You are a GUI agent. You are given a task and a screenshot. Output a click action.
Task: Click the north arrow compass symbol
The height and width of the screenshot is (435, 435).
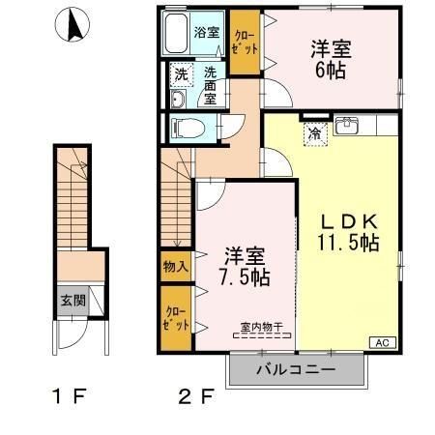(72, 24)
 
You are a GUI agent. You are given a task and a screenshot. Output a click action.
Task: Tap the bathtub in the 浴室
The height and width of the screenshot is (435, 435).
(176, 34)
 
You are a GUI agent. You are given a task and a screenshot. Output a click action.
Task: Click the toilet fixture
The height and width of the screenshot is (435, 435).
(188, 129)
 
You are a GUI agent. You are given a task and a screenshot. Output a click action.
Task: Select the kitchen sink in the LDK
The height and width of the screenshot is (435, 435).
(346, 126)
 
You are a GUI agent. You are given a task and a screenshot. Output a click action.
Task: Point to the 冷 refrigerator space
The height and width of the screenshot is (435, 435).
(315, 134)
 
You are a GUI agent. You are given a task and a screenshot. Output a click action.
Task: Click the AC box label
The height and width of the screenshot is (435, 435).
(383, 342)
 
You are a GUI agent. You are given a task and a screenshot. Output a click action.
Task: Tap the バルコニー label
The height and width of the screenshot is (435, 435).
(296, 369)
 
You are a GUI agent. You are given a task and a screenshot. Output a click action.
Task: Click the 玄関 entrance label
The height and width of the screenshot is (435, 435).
(73, 301)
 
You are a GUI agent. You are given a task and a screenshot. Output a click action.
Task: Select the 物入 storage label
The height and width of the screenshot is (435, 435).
(176, 266)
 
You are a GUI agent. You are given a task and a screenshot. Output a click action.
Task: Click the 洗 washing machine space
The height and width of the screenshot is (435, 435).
(182, 75)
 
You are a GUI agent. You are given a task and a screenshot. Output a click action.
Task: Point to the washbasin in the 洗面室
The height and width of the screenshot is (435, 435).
(178, 100)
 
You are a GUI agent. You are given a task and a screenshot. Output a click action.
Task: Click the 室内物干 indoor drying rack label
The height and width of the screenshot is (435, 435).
(262, 327)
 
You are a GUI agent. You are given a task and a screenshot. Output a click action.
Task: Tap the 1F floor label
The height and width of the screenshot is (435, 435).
(70, 396)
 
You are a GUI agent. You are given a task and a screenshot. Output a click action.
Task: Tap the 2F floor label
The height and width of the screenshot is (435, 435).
(196, 396)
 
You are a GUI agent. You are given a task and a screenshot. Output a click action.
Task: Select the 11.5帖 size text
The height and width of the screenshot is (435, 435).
(348, 243)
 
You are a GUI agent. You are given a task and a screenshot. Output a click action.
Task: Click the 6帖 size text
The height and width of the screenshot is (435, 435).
(331, 70)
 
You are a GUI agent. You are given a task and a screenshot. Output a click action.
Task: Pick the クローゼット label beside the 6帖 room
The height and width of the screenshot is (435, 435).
(246, 43)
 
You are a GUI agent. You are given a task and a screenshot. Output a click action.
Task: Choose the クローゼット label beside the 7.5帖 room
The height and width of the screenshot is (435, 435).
(176, 319)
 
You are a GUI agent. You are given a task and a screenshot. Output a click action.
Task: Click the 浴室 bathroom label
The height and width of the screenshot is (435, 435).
(207, 32)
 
